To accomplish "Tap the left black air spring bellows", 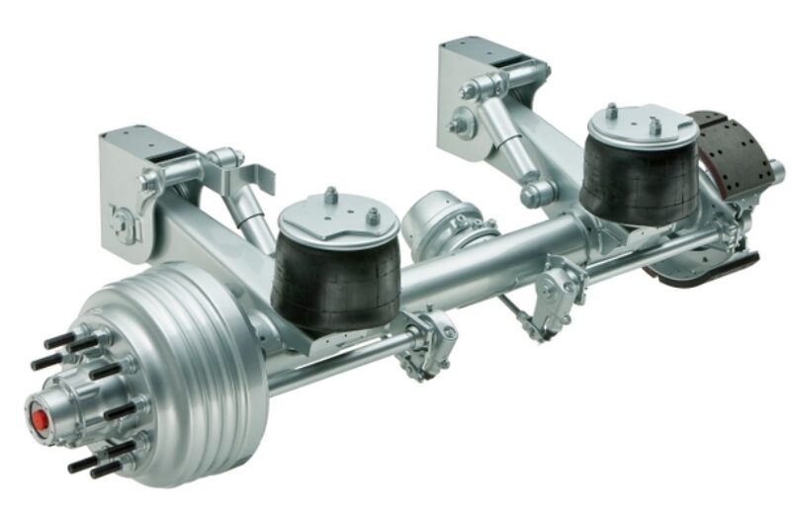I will pos(335,276).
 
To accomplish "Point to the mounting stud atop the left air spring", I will pos(331,196).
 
